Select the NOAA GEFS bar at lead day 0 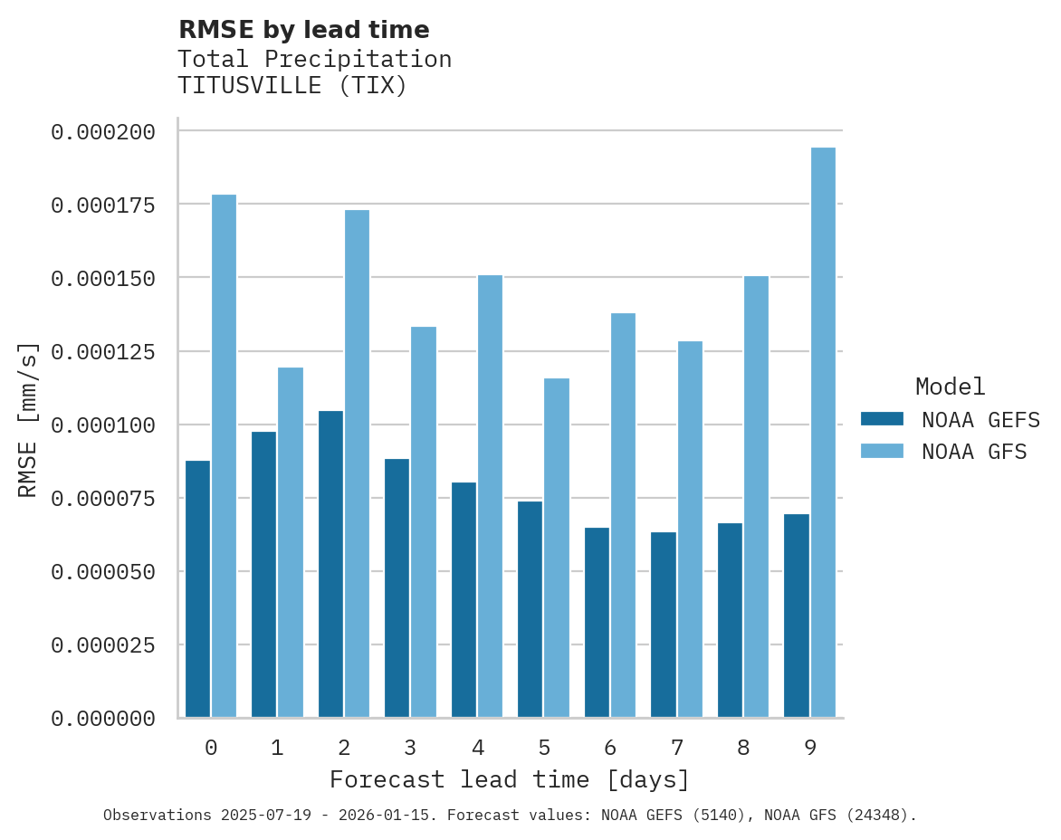pos(197,589)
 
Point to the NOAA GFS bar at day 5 pos(557,548)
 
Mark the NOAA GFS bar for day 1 pos(291,542)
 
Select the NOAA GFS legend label pos(974,451)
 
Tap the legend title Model pos(950,387)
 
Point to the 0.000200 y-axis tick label pos(103,132)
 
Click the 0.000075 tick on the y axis pos(103,499)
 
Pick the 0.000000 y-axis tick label pos(103,719)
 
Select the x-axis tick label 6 pos(610,748)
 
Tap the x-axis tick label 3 pos(410,748)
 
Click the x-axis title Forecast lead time pos(510,779)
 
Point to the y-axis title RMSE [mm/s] pos(28,420)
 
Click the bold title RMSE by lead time pos(304,30)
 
